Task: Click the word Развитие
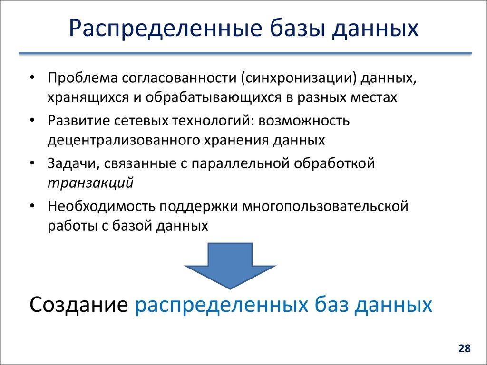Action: coord(78,121)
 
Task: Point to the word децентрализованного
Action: coord(112,140)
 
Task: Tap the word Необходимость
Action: coord(101,207)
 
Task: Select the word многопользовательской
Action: coord(326,207)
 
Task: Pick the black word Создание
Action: coord(78,305)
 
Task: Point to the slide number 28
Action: coord(464,348)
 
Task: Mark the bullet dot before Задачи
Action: coord(31,164)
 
